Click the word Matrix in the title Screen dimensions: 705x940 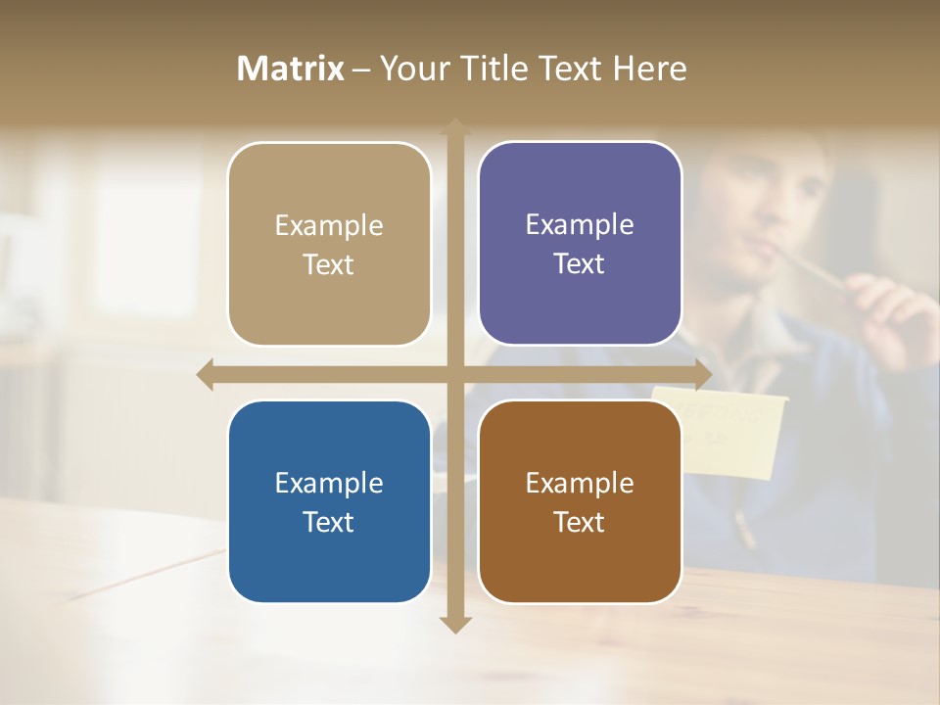[x=291, y=69]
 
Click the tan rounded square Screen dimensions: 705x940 [x=329, y=245]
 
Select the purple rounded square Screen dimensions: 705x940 [x=580, y=245]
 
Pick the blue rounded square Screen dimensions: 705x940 [x=329, y=501]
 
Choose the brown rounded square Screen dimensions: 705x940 [x=580, y=501]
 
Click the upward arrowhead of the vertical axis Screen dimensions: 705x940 [x=454, y=128]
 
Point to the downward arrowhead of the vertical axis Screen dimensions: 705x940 [x=454, y=624]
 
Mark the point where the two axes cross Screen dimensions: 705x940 [x=454, y=374]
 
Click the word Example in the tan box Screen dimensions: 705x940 [x=329, y=225]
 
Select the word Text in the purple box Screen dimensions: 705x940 [x=580, y=264]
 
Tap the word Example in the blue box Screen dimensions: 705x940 [x=329, y=483]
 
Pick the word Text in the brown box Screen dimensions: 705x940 [x=580, y=522]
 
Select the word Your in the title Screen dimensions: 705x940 [x=410, y=69]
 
